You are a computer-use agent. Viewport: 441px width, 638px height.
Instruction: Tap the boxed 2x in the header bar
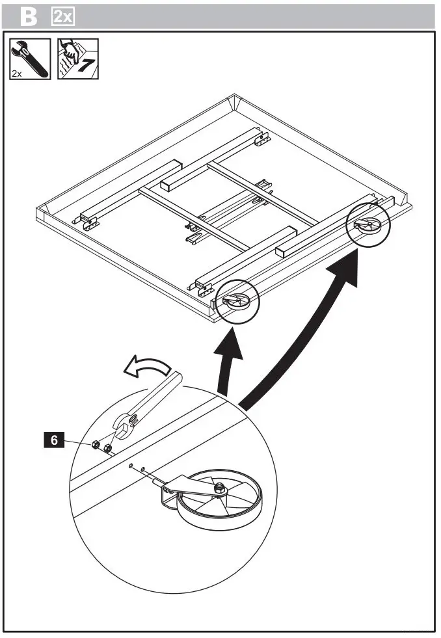coord(63,16)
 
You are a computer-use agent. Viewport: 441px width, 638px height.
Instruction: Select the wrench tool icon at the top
coord(30,58)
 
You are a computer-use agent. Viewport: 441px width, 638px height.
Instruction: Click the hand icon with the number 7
coord(78,58)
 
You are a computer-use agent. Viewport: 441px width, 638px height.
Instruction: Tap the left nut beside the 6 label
coord(95,445)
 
